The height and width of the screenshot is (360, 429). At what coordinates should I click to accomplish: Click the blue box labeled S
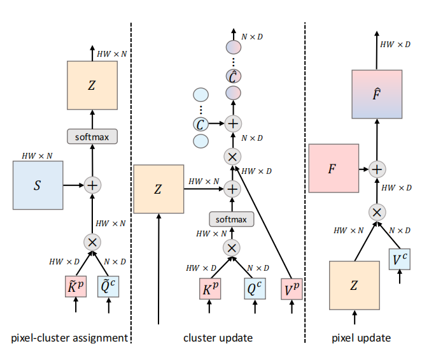[x=38, y=185]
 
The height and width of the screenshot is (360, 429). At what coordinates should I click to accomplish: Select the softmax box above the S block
[x=92, y=136]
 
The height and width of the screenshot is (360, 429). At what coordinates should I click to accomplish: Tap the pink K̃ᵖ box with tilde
[x=76, y=286]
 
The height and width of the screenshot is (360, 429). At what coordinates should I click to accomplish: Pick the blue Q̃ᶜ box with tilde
[x=108, y=286]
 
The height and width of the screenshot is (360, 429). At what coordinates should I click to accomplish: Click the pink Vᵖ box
[x=292, y=289]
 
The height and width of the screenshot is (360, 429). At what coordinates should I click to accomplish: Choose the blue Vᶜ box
[x=400, y=259]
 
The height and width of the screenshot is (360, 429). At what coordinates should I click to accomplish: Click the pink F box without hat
[x=334, y=168]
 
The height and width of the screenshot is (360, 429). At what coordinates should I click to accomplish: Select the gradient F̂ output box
[x=377, y=94]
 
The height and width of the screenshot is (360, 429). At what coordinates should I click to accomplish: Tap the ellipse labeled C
[x=201, y=124]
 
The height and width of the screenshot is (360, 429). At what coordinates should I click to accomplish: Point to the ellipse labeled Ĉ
[x=234, y=76]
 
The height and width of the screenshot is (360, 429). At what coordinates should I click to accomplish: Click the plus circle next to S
[x=92, y=185]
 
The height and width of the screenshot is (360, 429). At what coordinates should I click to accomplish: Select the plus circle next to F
[x=377, y=169]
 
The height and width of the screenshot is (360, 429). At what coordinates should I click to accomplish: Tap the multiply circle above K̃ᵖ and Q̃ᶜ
[x=92, y=242]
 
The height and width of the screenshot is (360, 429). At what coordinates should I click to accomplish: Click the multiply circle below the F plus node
[x=377, y=212]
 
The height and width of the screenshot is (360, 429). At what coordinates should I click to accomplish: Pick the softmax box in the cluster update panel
[x=232, y=219]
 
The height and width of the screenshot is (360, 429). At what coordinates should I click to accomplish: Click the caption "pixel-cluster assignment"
[x=69, y=338]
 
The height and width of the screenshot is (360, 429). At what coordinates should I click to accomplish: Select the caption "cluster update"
[x=218, y=338]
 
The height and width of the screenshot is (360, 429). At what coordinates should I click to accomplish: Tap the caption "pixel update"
[x=361, y=338]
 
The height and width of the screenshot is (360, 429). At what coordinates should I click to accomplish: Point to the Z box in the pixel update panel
[x=355, y=285]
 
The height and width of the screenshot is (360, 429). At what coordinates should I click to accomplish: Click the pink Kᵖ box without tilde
[x=210, y=289]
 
